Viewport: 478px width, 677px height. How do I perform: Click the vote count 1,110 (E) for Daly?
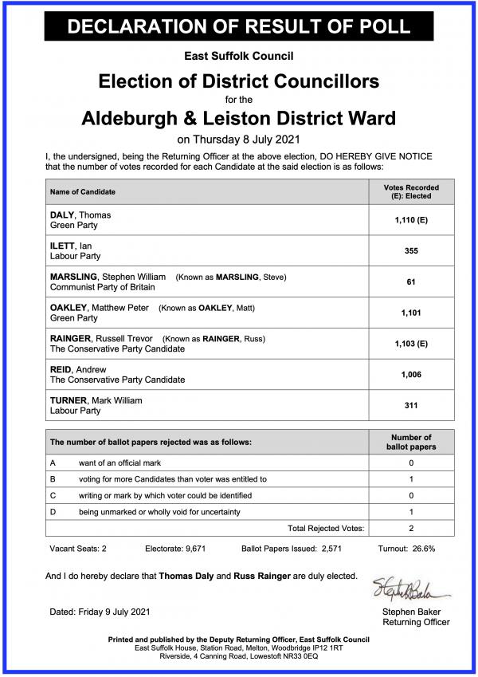[411, 219]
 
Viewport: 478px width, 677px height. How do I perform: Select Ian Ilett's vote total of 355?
[411, 250]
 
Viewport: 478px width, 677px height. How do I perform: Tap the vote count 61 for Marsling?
[411, 281]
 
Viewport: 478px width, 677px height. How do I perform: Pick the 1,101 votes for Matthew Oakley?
[411, 313]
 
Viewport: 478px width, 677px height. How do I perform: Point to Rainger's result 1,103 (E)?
[411, 344]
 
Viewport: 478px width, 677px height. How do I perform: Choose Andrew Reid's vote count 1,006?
[411, 375]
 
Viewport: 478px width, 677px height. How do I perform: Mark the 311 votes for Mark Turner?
[411, 405]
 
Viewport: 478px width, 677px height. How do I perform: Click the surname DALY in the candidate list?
[62, 215]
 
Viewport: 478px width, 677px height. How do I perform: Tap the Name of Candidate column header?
[83, 192]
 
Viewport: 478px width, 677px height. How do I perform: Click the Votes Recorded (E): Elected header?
[411, 192]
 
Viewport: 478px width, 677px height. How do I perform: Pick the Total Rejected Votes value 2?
[411, 528]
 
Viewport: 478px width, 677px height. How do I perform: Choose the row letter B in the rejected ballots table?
[53, 479]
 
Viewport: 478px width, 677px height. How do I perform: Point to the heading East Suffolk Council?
[238, 57]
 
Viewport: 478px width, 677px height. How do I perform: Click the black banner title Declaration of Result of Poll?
[238, 25]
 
